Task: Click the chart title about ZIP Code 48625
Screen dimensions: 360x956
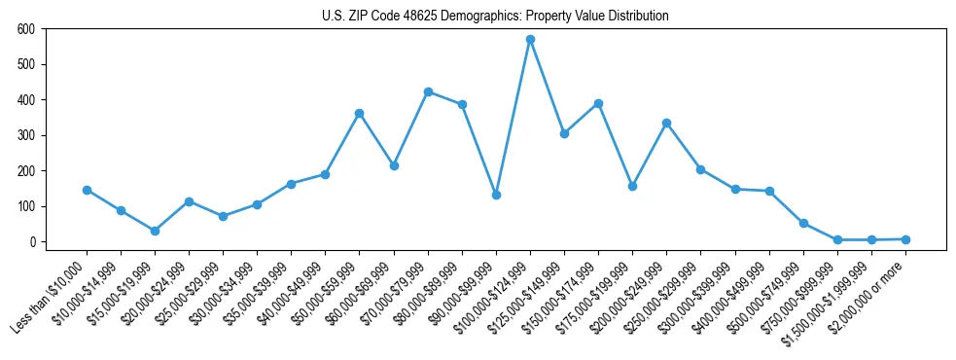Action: [495, 17]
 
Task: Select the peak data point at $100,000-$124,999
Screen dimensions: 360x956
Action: [530, 40]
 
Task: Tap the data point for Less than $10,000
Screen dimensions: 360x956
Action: [87, 190]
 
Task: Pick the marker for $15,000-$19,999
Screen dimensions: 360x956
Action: [155, 231]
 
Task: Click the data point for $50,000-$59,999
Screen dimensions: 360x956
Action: [360, 113]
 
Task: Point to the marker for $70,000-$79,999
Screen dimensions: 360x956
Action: [428, 91]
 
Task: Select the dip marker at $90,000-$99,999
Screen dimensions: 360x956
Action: [496, 195]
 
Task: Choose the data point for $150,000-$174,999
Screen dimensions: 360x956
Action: [598, 103]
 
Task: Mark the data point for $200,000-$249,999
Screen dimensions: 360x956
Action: [666, 123]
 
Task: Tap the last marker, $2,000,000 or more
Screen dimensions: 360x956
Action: [905, 239]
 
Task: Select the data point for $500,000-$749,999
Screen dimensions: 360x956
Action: [803, 223]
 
